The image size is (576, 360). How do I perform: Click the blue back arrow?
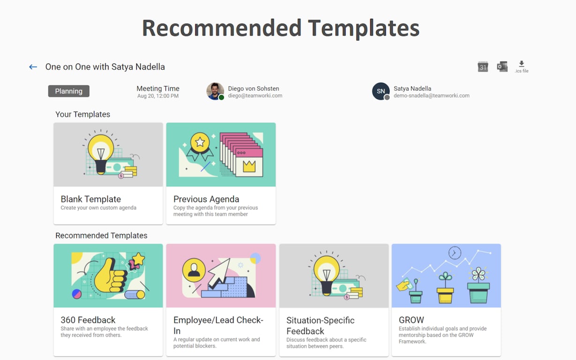[x=33, y=67]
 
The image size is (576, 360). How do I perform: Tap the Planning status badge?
[x=68, y=91]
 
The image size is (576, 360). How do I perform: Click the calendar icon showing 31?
[x=483, y=67]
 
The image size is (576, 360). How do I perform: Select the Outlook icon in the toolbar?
[x=502, y=67]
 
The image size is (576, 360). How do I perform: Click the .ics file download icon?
[x=521, y=66]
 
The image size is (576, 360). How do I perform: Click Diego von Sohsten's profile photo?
[x=215, y=91]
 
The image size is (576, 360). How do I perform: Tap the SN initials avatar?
[x=380, y=91]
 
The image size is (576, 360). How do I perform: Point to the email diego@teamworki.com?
[x=255, y=96]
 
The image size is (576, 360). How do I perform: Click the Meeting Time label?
[x=158, y=89]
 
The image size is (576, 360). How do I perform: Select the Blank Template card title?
[x=91, y=199]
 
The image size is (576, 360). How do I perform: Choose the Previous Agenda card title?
[x=206, y=199]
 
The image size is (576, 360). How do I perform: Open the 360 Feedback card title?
[x=88, y=320]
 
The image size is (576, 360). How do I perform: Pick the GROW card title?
[x=411, y=320]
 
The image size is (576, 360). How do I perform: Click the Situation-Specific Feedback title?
[x=320, y=325]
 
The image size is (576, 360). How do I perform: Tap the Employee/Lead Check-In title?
[x=218, y=325]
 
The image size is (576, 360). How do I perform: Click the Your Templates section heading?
[x=83, y=114]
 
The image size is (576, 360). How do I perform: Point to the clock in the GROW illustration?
[x=455, y=253]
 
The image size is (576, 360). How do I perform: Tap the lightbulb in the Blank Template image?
[x=100, y=149]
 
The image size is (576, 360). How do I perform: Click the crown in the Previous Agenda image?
[x=249, y=166]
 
